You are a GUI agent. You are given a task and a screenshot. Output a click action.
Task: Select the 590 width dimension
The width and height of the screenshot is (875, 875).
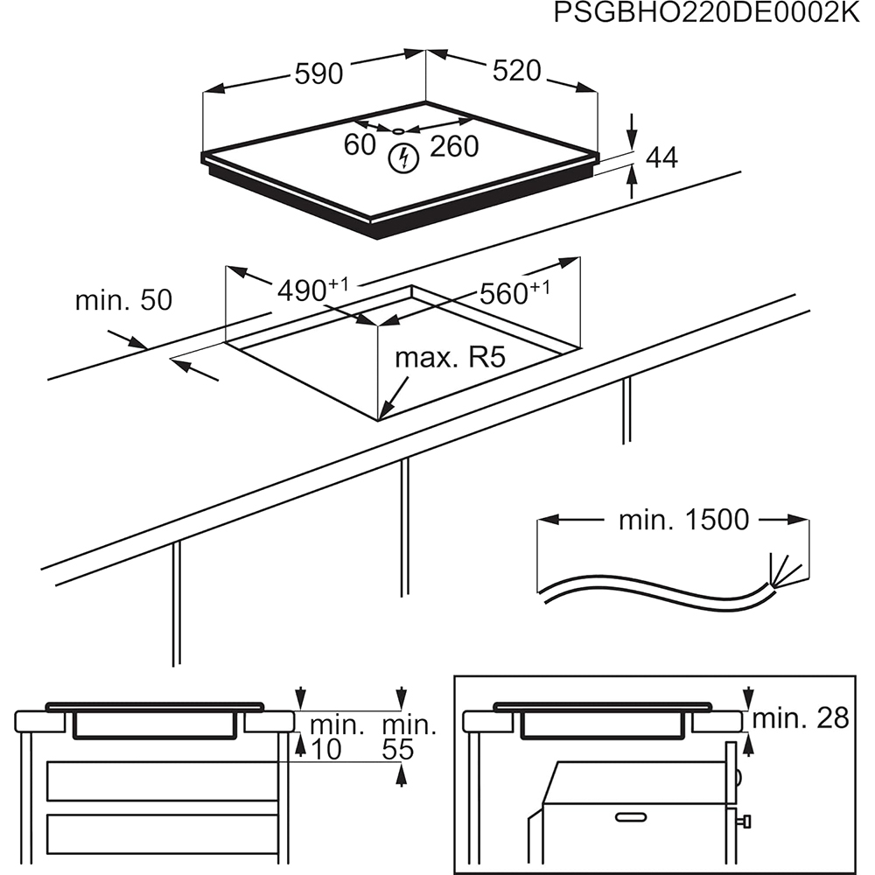click(x=318, y=73)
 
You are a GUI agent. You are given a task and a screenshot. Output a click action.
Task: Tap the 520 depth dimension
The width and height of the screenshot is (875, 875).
click(x=516, y=71)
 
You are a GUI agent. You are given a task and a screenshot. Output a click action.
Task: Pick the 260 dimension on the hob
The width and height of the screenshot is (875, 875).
click(x=454, y=146)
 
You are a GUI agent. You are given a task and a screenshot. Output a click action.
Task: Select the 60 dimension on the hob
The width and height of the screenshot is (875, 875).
click(x=360, y=145)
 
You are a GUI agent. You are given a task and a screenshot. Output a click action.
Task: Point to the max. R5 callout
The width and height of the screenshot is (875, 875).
click(x=451, y=358)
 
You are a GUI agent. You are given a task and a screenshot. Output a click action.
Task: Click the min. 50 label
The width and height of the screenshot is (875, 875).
click(x=123, y=300)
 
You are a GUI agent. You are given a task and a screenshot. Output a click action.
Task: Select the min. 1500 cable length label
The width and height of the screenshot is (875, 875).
click(x=683, y=520)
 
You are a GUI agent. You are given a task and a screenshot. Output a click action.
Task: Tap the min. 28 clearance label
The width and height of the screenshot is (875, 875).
click(x=801, y=718)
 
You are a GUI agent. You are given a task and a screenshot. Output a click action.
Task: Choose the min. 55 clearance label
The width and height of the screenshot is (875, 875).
click(x=409, y=737)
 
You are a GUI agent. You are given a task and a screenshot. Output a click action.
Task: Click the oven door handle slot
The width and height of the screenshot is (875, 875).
click(x=637, y=817)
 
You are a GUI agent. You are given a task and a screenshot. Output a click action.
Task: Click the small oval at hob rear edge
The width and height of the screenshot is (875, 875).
click(x=399, y=130)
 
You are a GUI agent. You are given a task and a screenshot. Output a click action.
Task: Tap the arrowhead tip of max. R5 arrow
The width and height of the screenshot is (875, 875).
click(x=381, y=416)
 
